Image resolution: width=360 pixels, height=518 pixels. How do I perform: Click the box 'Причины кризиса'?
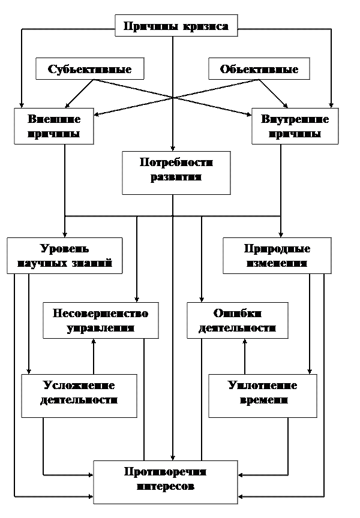176,26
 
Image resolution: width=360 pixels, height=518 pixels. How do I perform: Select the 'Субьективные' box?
90,69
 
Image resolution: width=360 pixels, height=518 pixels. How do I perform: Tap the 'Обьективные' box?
259,69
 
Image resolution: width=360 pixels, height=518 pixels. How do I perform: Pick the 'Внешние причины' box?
54,126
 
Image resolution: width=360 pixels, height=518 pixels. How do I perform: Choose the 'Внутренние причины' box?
295,126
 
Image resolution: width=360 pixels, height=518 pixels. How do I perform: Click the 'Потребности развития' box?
176,173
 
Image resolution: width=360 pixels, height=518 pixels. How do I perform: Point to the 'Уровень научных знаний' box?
64,256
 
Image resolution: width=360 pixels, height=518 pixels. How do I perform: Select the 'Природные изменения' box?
277,256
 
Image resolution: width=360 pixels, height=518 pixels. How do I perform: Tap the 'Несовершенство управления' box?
100,321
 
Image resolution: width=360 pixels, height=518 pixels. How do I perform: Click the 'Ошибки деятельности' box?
237,321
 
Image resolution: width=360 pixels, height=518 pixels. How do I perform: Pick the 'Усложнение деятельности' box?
79,396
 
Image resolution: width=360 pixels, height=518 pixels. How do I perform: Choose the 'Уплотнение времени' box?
262,396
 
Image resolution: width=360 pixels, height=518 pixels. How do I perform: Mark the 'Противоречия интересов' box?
165,482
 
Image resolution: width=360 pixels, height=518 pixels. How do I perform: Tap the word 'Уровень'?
64,249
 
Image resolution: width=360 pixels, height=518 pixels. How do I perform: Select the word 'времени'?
262,400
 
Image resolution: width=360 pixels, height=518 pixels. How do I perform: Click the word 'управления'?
100,328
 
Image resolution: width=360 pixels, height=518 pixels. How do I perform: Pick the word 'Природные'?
277,249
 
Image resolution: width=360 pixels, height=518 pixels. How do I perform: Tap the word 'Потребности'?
176,163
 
